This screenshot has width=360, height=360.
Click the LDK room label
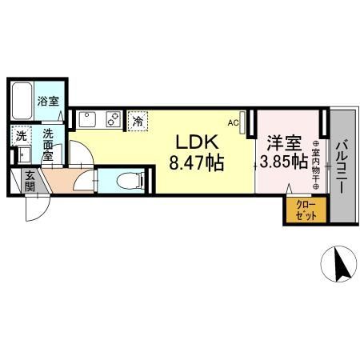click(x=197, y=142)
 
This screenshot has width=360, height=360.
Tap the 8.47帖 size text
click(x=197, y=162)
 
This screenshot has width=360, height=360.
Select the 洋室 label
click(x=284, y=143)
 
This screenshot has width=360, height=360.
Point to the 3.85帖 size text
click(x=284, y=161)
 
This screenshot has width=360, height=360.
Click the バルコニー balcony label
click(x=342, y=167)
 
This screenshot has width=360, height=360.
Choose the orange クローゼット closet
click(x=306, y=210)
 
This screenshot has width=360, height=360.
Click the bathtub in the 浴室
click(x=22, y=101)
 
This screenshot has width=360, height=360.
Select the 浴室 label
click(x=48, y=101)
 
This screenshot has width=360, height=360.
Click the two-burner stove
click(x=114, y=119)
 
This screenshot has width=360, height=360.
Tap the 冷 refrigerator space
click(x=138, y=122)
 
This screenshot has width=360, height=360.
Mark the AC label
click(x=233, y=123)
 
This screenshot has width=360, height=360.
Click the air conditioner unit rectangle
click(x=242, y=122)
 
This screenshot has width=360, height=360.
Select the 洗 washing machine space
click(x=22, y=136)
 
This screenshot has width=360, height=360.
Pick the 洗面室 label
click(x=48, y=145)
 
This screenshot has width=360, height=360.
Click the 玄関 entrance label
click(x=30, y=182)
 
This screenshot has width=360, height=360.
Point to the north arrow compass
click(x=338, y=263)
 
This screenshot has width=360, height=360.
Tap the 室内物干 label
click(x=316, y=165)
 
